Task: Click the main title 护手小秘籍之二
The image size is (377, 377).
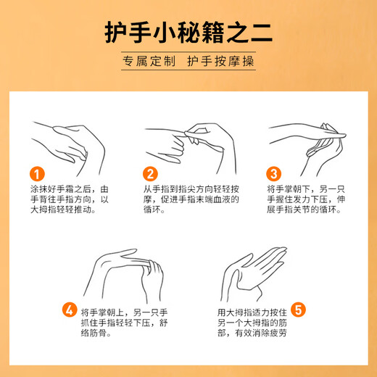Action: click(x=188, y=33)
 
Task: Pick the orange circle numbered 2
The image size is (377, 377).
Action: click(x=150, y=174)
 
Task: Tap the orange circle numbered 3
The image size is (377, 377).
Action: click(x=274, y=174)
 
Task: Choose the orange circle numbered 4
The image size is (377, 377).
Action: click(x=69, y=310)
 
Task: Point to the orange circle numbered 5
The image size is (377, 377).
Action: click(x=299, y=310)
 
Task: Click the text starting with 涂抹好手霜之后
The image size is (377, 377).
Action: click(x=68, y=199)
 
